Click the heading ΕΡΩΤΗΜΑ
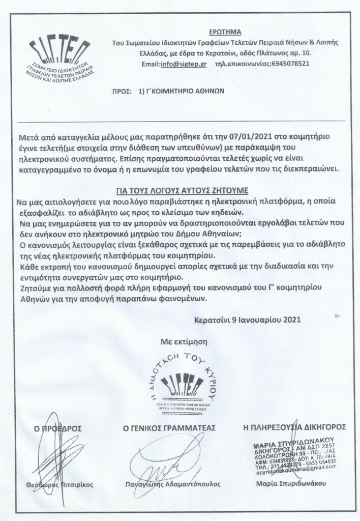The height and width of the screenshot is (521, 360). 226,31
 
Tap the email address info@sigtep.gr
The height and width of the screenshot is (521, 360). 188,64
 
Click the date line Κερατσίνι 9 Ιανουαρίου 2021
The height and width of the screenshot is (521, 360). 247,320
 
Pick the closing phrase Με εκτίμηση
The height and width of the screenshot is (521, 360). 182,340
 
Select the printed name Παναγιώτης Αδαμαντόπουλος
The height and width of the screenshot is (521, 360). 171,485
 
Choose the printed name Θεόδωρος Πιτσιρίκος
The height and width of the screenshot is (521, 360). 56,485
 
